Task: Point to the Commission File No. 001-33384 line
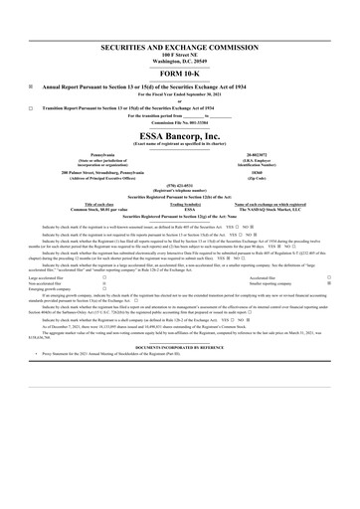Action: (x=180, y=121)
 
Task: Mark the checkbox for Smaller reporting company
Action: (x=328, y=283)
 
